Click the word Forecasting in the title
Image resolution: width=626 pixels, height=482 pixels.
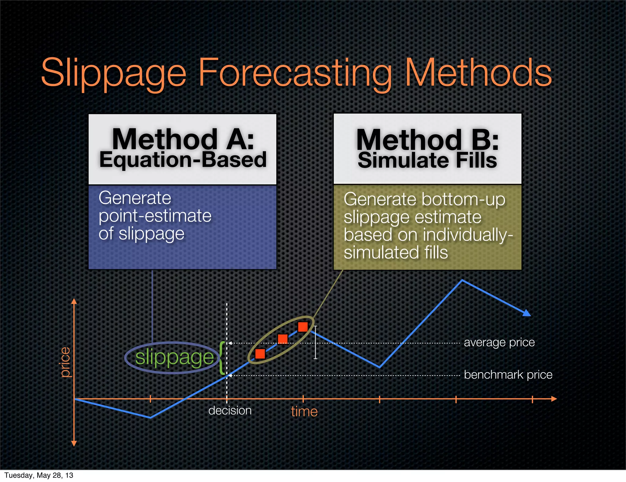point(295,73)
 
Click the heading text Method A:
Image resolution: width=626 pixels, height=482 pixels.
point(183,139)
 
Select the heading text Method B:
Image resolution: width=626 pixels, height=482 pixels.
point(427,140)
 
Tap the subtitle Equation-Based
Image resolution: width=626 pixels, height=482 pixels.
point(183,160)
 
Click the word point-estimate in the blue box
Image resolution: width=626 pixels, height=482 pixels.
point(155,216)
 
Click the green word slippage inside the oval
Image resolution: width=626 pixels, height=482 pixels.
point(174,357)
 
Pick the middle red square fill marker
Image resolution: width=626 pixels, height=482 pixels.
point(283,339)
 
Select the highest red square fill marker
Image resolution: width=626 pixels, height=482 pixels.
point(303,327)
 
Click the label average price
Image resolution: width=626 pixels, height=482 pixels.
point(499,342)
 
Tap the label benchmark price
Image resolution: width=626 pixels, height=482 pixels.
point(508,375)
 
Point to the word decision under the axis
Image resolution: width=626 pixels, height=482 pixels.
point(230,410)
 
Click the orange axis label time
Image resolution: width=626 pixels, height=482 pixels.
point(304,412)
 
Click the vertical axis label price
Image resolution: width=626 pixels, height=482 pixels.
point(65,362)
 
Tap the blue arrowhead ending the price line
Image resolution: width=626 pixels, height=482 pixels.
point(527,313)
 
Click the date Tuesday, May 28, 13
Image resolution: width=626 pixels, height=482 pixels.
point(39,475)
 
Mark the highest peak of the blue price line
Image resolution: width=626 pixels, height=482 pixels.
point(462,280)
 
